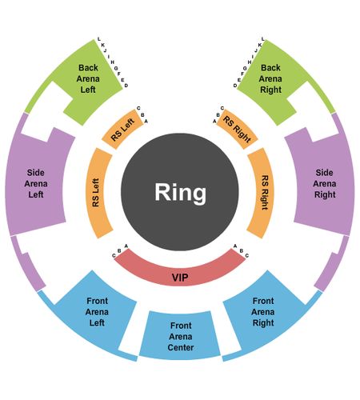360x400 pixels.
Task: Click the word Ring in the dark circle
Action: click(181, 194)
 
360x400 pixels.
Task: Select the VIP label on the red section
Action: click(180, 278)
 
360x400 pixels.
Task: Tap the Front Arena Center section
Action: click(180, 335)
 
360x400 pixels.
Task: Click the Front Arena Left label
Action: click(97, 312)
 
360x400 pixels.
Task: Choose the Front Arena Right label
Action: click(263, 312)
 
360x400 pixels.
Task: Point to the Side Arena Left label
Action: click(36, 183)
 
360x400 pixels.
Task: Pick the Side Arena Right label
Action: click(325, 183)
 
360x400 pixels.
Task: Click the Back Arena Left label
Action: click(88, 78)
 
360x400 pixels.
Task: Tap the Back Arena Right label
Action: click(270, 78)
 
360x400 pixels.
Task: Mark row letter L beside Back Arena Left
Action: click(99, 39)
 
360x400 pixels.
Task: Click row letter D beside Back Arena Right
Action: click(235, 86)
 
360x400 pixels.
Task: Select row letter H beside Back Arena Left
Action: click(113, 62)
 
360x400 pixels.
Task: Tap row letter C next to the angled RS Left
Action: click(138, 108)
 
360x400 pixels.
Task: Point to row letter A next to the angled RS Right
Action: click(214, 122)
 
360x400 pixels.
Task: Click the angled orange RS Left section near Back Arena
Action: click(122, 130)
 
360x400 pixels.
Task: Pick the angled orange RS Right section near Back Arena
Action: click(237, 130)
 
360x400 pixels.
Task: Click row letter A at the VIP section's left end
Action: click(126, 246)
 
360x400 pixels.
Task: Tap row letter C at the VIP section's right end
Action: click(247, 256)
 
